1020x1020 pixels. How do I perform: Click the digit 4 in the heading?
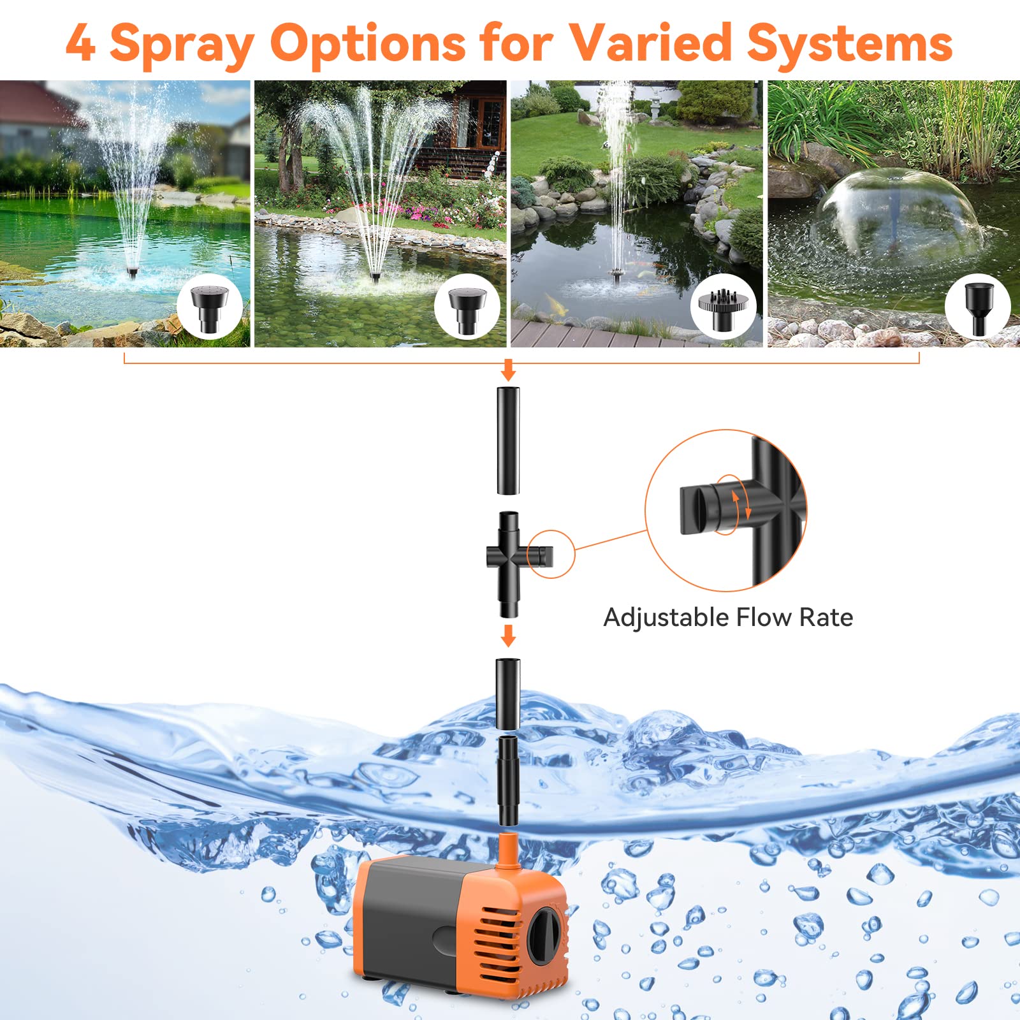click(81, 43)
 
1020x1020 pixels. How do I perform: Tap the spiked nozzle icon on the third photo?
click(722, 306)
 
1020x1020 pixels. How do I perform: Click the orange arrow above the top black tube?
click(508, 369)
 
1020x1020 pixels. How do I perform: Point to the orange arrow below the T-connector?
click(508, 635)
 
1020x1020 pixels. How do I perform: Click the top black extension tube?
click(508, 440)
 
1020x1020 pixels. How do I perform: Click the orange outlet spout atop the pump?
click(507, 852)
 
